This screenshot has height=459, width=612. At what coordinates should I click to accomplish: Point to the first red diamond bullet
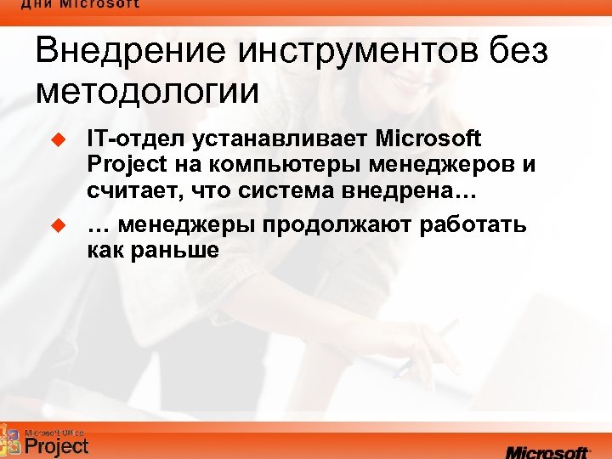click(59, 137)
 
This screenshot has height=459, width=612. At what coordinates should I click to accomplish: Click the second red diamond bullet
click(59, 225)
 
